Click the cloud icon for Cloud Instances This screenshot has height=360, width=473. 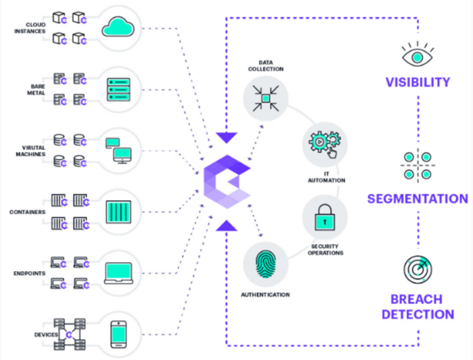click(x=118, y=27)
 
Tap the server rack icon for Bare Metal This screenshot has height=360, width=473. click(x=118, y=88)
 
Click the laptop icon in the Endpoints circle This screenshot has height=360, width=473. click(x=118, y=272)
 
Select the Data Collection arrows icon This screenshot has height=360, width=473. click(x=266, y=98)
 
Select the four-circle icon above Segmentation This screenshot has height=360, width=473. click(x=416, y=166)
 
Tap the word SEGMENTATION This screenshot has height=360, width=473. click(x=417, y=199)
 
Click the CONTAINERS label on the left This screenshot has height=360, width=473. click(x=27, y=212)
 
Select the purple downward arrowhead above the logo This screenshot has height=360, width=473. click(x=227, y=136)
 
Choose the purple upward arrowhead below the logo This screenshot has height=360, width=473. click(x=227, y=225)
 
